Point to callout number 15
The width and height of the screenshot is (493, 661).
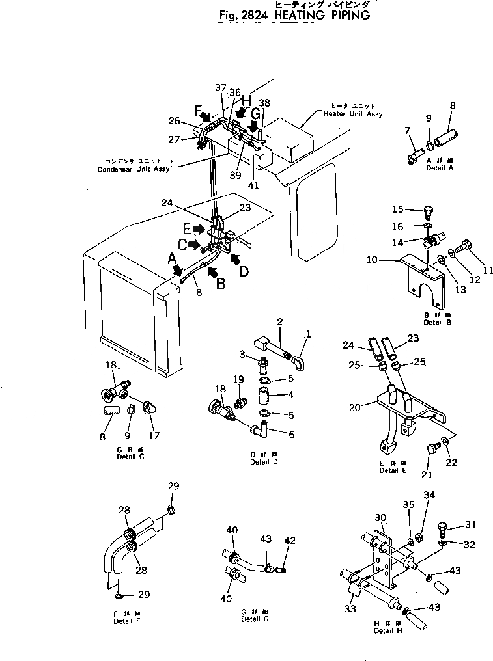[x=398, y=209]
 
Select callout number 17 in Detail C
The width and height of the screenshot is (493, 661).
[x=154, y=435]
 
